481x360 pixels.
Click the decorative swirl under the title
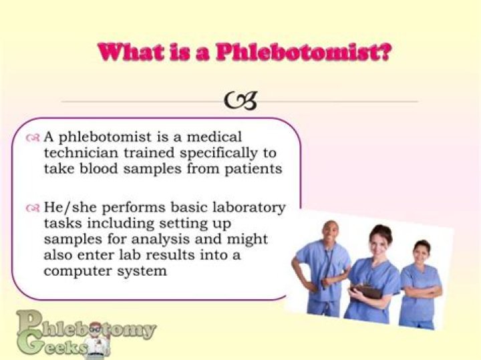[240, 100]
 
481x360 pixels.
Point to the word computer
[73, 271]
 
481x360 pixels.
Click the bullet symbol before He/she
[33, 208]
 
